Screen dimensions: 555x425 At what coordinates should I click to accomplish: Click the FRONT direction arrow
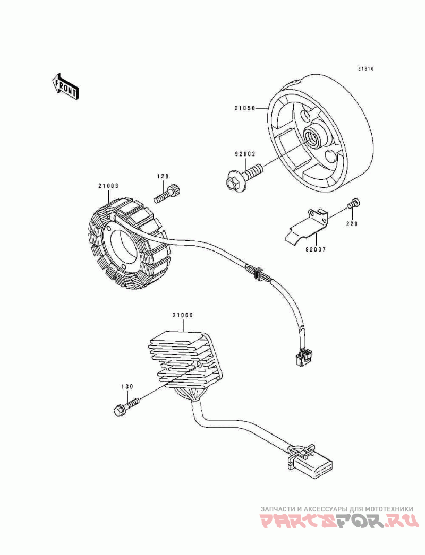tap(65, 85)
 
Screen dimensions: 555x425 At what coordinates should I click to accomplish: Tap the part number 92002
tap(246, 154)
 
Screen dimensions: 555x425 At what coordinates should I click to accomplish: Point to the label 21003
tap(108, 186)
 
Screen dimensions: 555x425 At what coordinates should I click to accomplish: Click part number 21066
tap(182, 315)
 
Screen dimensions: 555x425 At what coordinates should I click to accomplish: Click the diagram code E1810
tap(366, 69)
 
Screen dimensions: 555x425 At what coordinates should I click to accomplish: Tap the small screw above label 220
tap(354, 204)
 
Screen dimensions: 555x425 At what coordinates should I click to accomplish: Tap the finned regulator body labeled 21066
tap(181, 361)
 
